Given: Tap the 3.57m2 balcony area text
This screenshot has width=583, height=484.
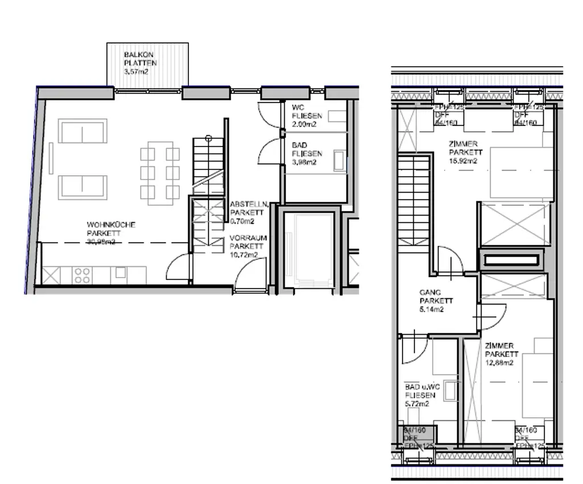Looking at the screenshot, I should (137, 71).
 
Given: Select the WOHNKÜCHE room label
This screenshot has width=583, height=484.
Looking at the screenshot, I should (111, 225).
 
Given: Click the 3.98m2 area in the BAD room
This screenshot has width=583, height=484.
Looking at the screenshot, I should (304, 162).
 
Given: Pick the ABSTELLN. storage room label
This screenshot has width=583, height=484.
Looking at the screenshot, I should (245, 204).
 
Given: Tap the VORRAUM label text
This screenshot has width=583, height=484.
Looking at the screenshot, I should (248, 238).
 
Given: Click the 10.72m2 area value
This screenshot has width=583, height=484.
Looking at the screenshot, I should (245, 254).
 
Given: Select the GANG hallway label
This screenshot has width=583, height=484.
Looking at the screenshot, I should (430, 292).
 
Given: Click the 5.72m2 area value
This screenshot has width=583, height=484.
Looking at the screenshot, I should (417, 404).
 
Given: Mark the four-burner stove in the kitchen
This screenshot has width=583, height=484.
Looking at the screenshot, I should (82, 275).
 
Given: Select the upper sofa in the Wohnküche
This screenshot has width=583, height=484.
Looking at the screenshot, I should (83, 131).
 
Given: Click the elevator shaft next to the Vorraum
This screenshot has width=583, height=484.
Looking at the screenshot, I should (308, 251).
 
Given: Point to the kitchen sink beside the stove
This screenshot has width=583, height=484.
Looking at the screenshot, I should (120, 273).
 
